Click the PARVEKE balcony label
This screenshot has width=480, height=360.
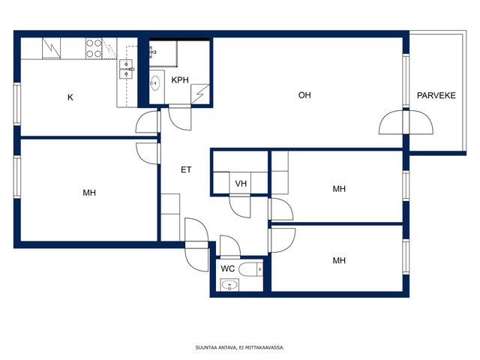click(x=436, y=95)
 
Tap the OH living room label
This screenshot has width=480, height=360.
click(x=304, y=95)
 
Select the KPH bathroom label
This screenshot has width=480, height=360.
click(x=180, y=80)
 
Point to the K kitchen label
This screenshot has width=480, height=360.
click(x=70, y=97)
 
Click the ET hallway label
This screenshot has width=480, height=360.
click(x=186, y=169)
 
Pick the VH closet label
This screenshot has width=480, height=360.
click(x=241, y=184)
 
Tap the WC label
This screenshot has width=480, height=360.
click(x=228, y=268)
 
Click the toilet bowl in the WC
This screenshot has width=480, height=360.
click(x=251, y=269)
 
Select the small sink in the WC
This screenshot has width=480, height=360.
click(x=229, y=286)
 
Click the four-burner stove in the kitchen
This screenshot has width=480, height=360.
click(x=94, y=48)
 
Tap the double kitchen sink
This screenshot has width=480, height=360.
click(x=126, y=69)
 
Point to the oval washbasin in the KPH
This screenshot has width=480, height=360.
click(x=155, y=83)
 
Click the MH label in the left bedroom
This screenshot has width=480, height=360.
click(x=89, y=193)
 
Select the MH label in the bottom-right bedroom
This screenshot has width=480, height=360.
click(x=339, y=260)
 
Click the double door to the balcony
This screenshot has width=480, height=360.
click(x=406, y=122)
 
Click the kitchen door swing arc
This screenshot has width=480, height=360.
click(x=147, y=121)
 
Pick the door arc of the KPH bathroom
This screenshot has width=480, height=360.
click(x=180, y=118)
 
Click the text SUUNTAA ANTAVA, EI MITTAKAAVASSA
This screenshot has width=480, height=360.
click(x=240, y=348)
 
